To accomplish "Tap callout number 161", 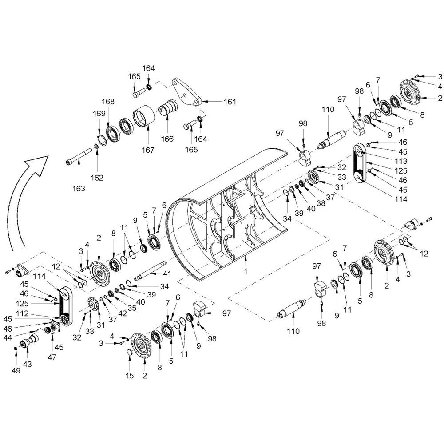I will point(230,102).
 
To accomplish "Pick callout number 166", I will point(167,139).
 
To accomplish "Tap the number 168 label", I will point(107,102).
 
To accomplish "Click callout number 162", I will point(97,178).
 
